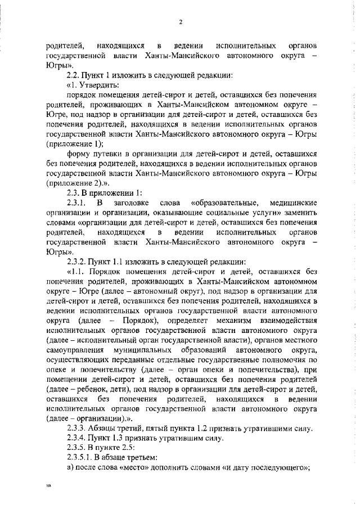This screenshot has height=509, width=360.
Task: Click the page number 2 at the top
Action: [x=180, y=22]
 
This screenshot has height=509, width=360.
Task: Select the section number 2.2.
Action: [x=73, y=75]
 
